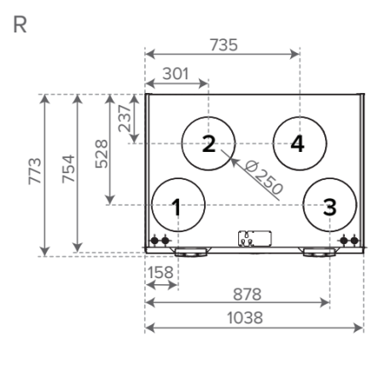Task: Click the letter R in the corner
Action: pos(20,25)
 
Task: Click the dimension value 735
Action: pos(224,45)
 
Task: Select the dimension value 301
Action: pos(176,73)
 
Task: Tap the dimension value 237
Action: pos(125,119)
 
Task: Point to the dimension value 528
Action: pos(102,154)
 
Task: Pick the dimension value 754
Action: pos(68,169)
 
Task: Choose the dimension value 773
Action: pos(35,171)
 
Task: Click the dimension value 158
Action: pos(160,272)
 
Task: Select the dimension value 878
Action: pos(247,294)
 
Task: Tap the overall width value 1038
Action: pos(245,317)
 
